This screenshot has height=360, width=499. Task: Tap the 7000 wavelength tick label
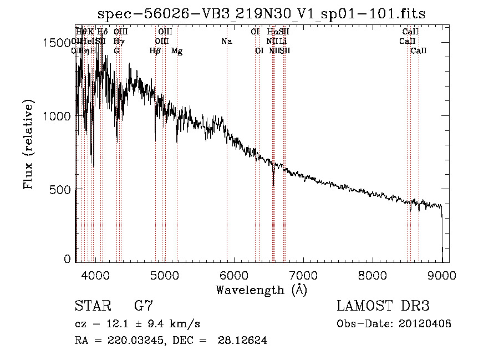pos(303,275)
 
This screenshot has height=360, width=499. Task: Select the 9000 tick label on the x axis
pos(442,275)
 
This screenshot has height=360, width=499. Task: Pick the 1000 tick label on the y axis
pos(55,116)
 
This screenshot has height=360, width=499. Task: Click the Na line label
pos(226,42)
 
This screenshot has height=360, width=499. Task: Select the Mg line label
pos(177,51)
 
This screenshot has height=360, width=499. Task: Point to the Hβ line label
pos(155,51)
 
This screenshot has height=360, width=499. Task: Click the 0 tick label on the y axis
pos(67,259)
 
